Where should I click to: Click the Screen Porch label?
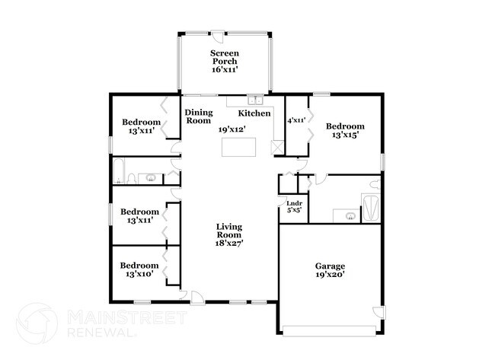(224, 57)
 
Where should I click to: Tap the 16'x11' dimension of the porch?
(224, 69)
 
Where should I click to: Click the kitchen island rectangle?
(238, 147)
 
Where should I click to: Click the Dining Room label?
(199, 116)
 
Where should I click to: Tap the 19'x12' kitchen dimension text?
(232, 129)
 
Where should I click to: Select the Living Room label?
(228, 231)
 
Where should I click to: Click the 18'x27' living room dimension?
(228, 244)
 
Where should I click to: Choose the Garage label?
(330, 266)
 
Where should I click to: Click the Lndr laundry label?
(293, 203)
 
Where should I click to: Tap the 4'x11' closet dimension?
(295, 120)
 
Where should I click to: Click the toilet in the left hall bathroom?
(133, 179)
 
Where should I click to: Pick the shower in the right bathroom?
(371, 208)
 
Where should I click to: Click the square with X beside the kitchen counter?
(277, 148)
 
